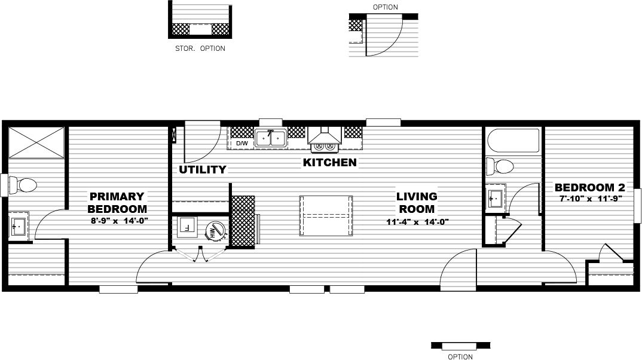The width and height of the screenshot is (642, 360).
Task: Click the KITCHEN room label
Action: (329, 163)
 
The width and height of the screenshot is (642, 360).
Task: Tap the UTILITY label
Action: (202, 170)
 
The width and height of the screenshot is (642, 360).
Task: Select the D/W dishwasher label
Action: (241, 144)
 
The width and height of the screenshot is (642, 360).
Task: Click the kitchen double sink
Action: (270, 138)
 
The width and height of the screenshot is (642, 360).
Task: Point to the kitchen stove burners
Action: (324, 146)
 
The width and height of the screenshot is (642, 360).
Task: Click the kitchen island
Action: (326, 215)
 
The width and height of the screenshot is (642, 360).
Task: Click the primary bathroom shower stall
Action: (36, 142)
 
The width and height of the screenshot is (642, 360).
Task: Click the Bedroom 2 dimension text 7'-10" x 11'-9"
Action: (591, 199)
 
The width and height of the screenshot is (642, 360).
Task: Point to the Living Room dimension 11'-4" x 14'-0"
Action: (417, 222)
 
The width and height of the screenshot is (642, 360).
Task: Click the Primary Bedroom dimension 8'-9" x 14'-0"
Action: (119, 221)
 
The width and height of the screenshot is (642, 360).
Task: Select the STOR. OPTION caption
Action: (200, 48)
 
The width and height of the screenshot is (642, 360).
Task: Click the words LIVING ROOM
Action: (417, 203)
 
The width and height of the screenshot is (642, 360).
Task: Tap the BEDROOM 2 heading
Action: (590, 188)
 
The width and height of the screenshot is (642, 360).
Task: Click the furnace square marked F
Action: (187, 227)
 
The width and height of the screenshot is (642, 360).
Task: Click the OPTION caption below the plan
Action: (460, 357)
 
